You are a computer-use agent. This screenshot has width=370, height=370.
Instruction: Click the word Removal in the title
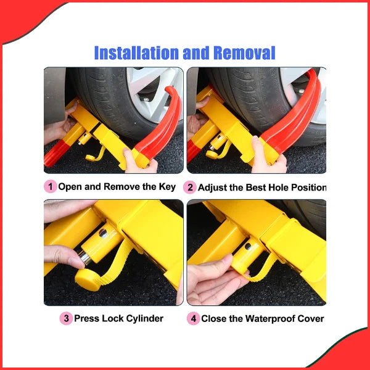244,53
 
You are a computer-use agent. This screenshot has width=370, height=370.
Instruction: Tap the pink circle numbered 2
190,187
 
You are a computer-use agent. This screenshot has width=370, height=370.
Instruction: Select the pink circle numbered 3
66,318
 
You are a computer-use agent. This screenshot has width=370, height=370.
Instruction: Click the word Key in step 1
164,186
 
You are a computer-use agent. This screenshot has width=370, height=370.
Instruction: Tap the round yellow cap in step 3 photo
86,275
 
